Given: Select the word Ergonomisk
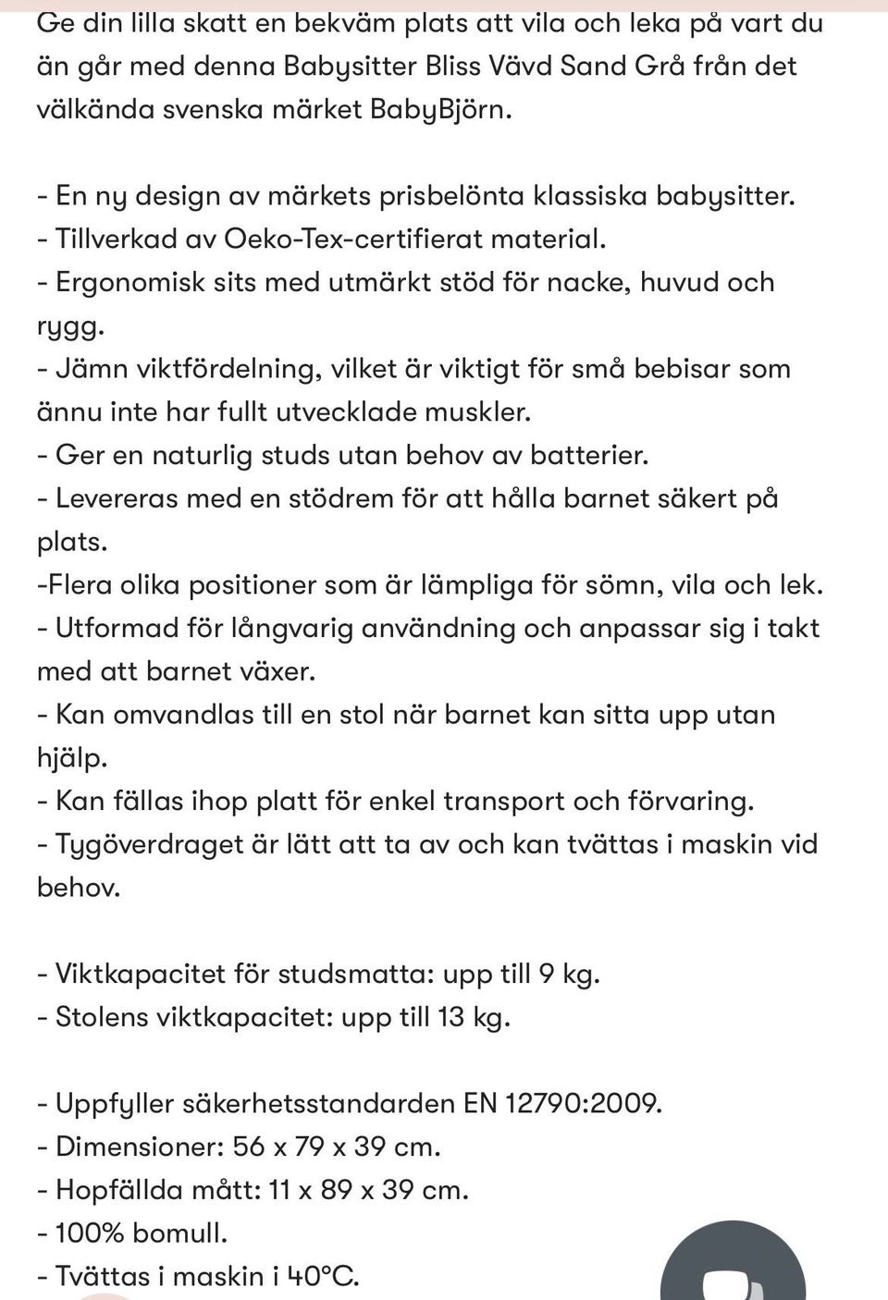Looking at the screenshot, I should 130,282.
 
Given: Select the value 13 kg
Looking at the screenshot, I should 473,1017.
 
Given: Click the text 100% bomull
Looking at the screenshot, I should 141,1233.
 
